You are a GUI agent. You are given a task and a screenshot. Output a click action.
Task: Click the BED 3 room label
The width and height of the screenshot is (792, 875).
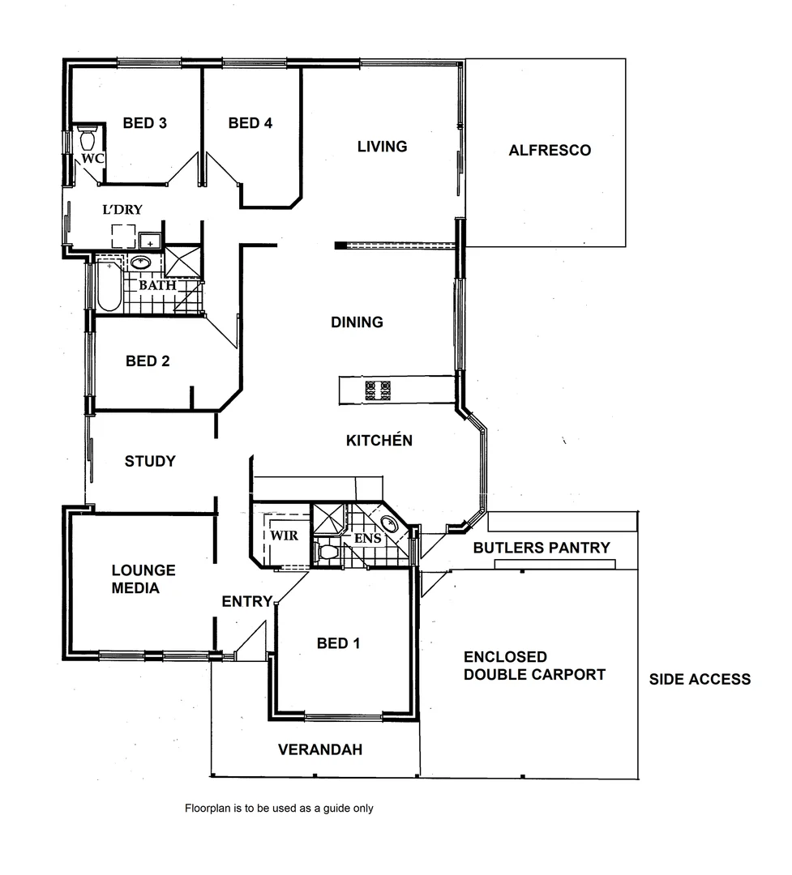[x=145, y=123]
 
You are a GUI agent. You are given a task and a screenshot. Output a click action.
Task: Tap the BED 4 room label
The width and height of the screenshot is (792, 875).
[x=250, y=123]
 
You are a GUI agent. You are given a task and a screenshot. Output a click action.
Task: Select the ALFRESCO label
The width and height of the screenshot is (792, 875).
[x=550, y=150]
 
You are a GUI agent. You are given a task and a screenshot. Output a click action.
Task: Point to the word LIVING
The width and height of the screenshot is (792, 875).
[x=382, y=147]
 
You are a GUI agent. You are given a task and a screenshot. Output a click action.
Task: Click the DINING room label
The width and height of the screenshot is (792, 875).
[x=357, y=322]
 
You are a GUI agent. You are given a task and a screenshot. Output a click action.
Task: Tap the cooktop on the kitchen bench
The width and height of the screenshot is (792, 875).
[x=377, y=391]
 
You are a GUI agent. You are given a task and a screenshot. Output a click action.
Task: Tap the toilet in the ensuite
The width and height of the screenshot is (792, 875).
[x=328, y=553]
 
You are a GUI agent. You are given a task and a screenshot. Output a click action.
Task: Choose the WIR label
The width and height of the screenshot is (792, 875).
[x=284, y=536]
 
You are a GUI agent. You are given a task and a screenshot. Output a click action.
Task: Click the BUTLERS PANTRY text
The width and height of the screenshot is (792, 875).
[x=542, y=548]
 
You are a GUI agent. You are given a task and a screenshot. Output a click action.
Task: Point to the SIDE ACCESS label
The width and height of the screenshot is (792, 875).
[x=700, y=680]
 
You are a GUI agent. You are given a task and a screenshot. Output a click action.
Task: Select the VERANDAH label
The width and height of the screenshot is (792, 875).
[x=320, y=750]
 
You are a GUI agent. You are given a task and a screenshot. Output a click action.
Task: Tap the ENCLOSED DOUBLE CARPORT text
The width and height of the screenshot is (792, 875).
[x=534, y=666]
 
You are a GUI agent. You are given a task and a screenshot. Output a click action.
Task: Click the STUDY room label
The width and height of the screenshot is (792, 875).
[x=150, y=462]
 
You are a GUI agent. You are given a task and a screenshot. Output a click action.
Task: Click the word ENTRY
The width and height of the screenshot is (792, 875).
[x=247, y=601]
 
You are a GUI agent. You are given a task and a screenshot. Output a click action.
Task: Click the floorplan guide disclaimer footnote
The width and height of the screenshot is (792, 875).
[x=279, y=808]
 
